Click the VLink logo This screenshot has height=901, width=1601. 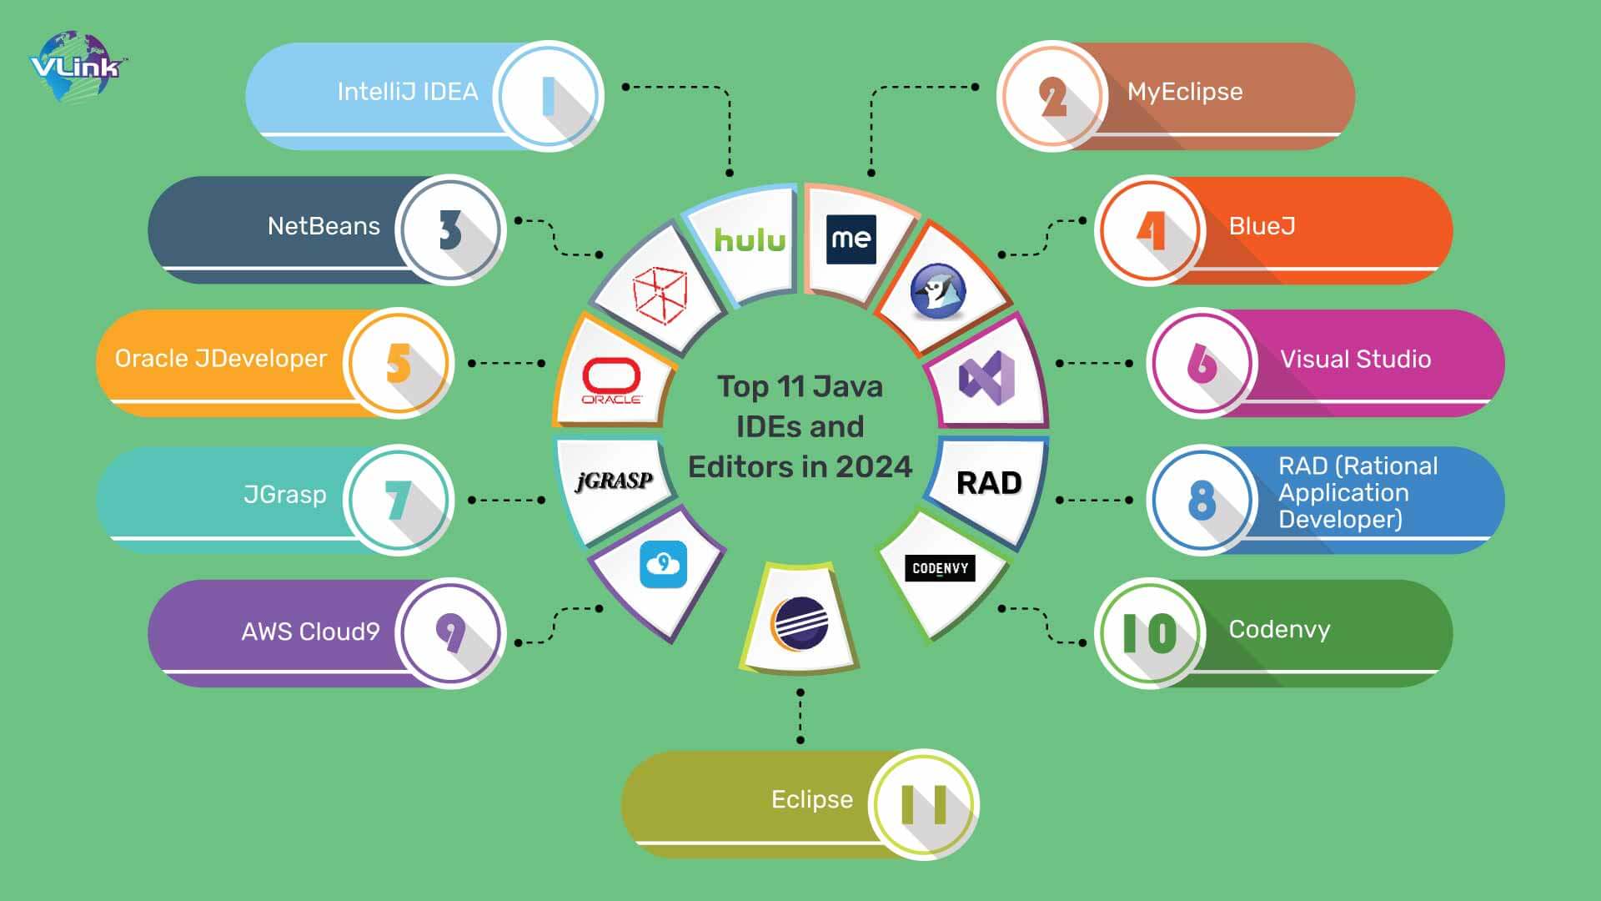(x=77, y=66)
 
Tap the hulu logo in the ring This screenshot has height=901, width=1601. (x=750, y=240)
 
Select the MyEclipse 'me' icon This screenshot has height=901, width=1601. (x=851, y=239)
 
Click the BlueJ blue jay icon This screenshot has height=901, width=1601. (x=938, y=292)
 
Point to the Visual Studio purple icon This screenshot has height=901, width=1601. (x=986, y=378)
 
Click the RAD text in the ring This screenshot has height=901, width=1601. (x=989, y=483)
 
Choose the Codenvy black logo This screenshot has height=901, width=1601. (x=940, y=569)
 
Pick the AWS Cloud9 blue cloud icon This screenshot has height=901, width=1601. (x=663, y=565)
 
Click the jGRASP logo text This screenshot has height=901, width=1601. (x=615, y=481)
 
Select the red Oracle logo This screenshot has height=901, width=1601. (x=611, y=380)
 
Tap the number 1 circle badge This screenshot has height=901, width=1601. (x=548, y=96)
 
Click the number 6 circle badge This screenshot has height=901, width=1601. (x=1201, y=363)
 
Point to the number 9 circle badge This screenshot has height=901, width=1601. (x=450, y=633)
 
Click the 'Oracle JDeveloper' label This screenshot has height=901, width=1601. (x=221, y=359)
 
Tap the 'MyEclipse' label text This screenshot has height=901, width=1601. (x=1184, y=92)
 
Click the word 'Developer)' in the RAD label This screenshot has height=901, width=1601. (x=1340, y=520)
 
